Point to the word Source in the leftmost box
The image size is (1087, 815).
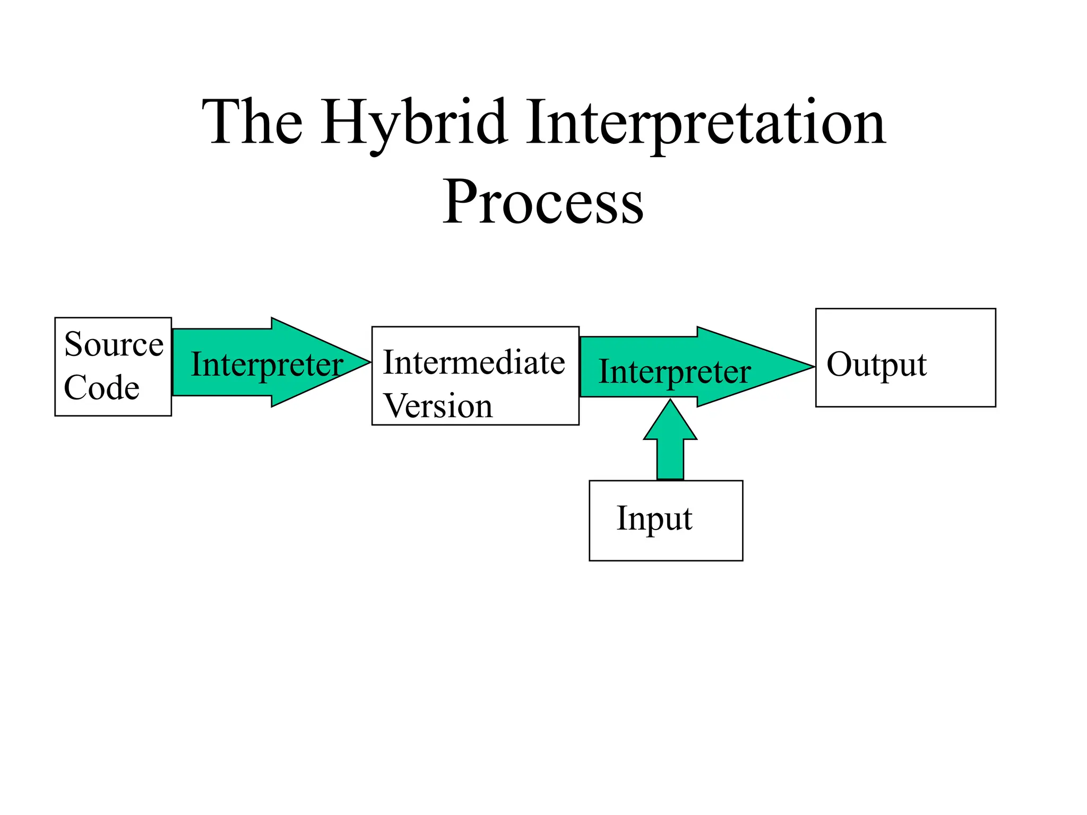tap(114, 344)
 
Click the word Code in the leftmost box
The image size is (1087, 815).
tap(101, 387)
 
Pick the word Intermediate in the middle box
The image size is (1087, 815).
tap(474, 363)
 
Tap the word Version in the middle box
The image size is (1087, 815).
tap(438, 406)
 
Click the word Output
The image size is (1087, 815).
tap(876, 365)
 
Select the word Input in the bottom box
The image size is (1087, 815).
tap(654, 518)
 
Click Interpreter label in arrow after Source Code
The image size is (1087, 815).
tap(267, 365)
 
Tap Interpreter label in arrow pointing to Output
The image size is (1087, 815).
tap(675, 371)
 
